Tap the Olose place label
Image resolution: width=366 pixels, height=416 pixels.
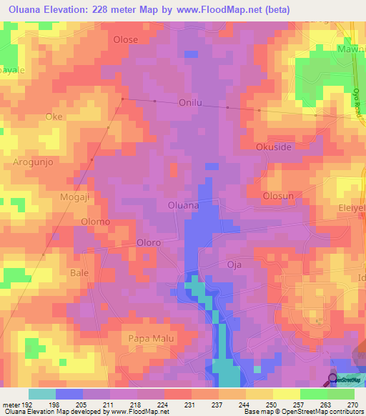(x=125, y=40)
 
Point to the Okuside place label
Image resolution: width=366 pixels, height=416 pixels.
(x=274, y=147)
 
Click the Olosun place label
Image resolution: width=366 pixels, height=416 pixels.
(x=279, y=195)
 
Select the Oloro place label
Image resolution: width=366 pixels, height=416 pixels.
(x=148, y=243)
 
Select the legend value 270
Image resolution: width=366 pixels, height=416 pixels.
(x=353, y=404)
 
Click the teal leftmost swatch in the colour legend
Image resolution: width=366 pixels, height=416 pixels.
(x=42, y=394)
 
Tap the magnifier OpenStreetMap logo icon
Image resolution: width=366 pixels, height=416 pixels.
(x=335, y=379)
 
